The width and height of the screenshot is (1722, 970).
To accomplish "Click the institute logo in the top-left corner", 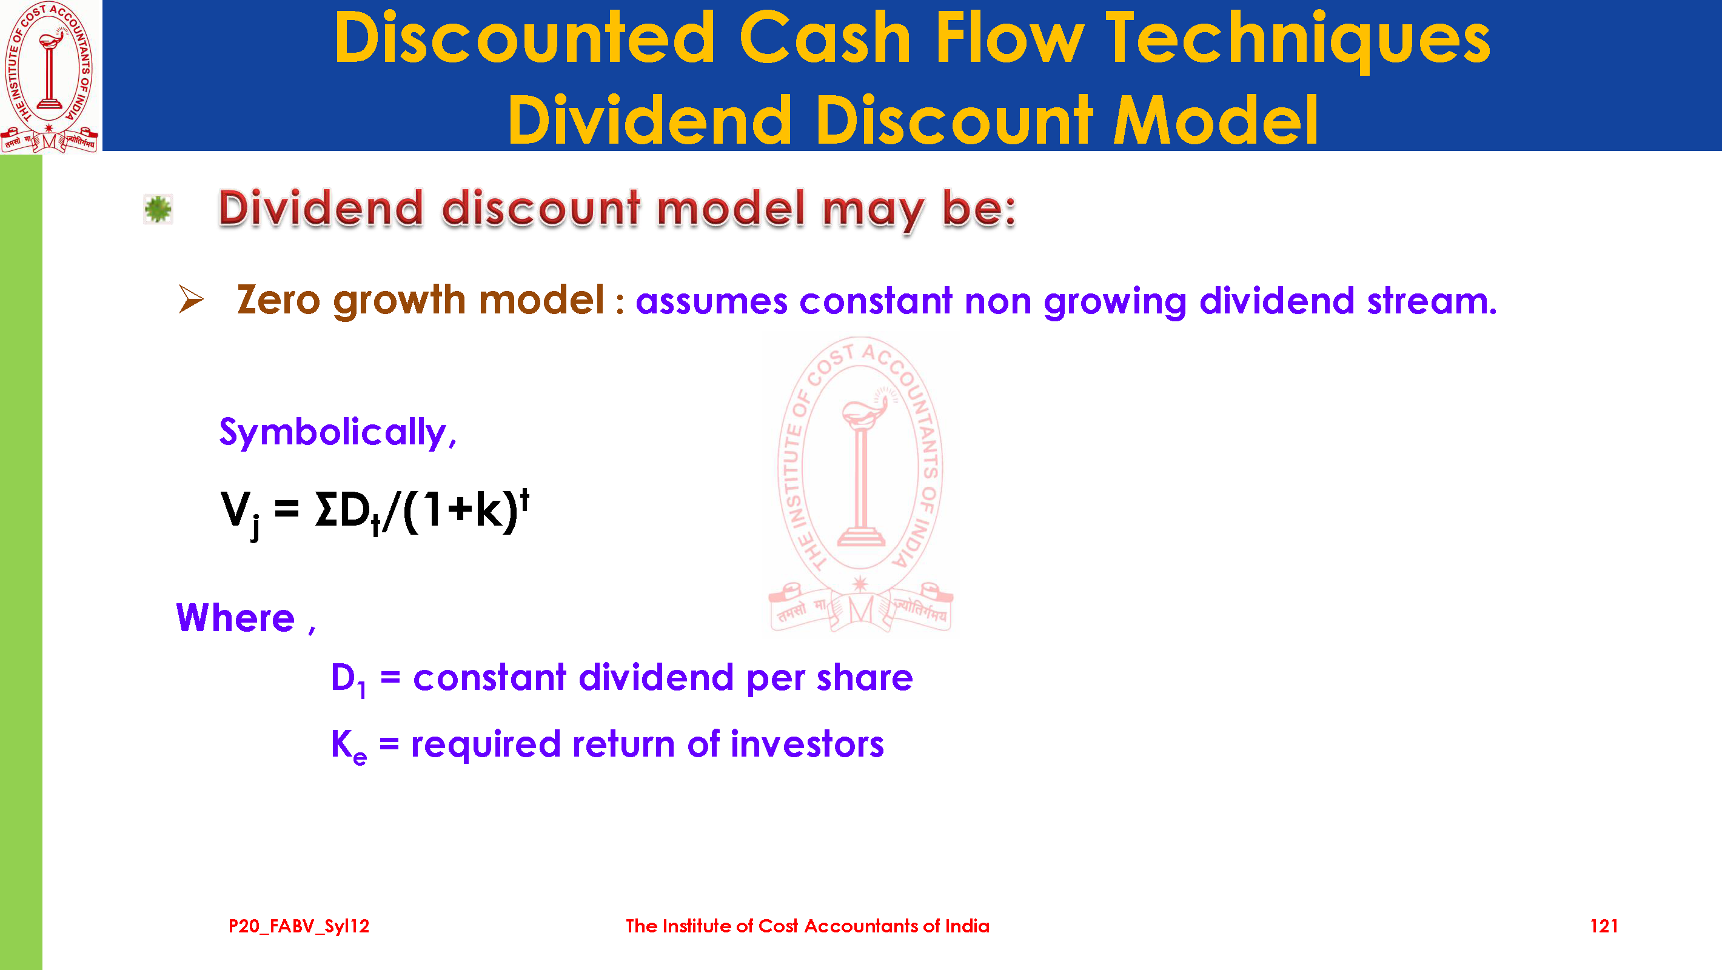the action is pos(50,76).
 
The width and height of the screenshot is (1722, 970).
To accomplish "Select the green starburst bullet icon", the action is pos(158,209).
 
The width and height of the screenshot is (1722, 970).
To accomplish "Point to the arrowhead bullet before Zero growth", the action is pos(191,299).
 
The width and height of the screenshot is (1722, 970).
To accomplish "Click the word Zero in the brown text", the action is pos(278,299).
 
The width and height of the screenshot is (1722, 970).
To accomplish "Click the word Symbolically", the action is pos(338,432).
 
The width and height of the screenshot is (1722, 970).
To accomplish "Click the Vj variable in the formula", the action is pos(240,513).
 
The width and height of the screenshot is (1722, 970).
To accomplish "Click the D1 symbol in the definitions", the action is pos(348,679).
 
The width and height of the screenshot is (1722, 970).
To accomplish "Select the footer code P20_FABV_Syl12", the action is pos(299,926).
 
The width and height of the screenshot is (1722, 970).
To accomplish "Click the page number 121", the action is pos(1604,926).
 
